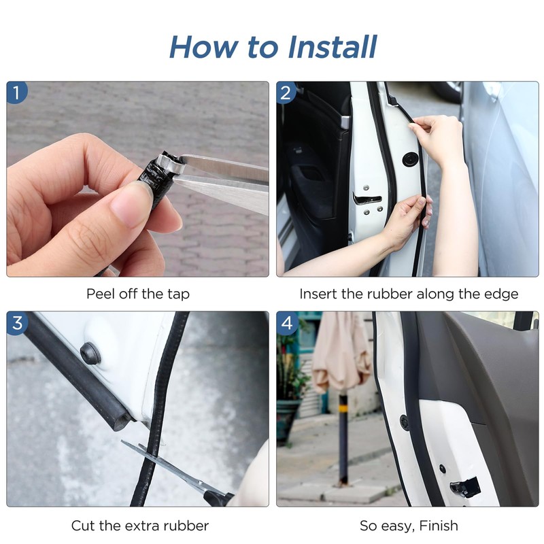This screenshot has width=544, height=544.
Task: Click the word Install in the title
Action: click(332, 47)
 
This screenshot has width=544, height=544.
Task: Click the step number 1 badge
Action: click(16, 92)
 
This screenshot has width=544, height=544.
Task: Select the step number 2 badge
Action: click(286, 92)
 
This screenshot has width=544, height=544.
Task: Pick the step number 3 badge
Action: click(17, 322)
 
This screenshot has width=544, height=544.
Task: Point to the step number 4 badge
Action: click(287, 323)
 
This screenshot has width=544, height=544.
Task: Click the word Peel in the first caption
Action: click(101, 294)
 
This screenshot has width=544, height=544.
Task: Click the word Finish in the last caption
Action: click(439, 526)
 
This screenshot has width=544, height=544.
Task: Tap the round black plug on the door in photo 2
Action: click(411, 159)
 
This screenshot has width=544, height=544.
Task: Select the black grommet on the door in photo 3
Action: click(91, 354)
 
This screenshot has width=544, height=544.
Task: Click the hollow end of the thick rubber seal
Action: click(124, 419)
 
